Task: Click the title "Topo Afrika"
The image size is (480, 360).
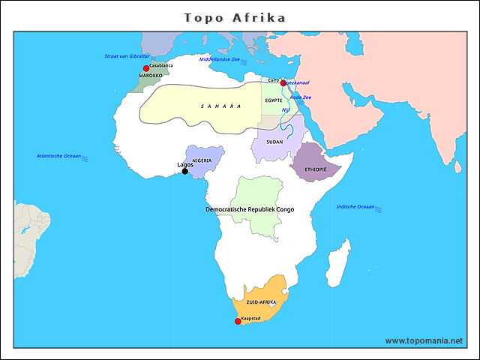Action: tap(235, 17)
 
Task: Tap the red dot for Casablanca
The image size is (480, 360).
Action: tap(146, 69)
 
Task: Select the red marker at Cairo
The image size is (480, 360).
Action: tap(283, 83)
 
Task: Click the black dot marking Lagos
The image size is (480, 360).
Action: tap(185, 172)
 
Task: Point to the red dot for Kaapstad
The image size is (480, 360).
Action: tap(238, 321)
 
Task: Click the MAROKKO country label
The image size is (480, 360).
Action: tap(150, 76)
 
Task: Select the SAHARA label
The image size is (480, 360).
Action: tap(220, 106)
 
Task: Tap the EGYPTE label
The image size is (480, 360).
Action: tap(273, 100)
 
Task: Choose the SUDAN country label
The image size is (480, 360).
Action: tap(274, 141)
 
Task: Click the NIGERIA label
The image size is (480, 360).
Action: tap(202, 160)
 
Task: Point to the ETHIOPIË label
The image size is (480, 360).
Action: tap(316, 169)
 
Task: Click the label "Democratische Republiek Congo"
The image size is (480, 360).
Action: tap(250, 209)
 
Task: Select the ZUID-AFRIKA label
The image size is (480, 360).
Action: tap(262, 301)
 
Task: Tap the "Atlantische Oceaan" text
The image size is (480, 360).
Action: tap(58, 156)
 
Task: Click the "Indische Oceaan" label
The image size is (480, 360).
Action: tap(355, 206)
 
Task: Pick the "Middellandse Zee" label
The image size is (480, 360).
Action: tap(219, 58)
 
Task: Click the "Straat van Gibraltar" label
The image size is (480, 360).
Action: tap(127, 56)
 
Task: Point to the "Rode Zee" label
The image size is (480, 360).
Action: tap(300, 97)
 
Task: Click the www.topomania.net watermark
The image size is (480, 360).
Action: tap(424, 340)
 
